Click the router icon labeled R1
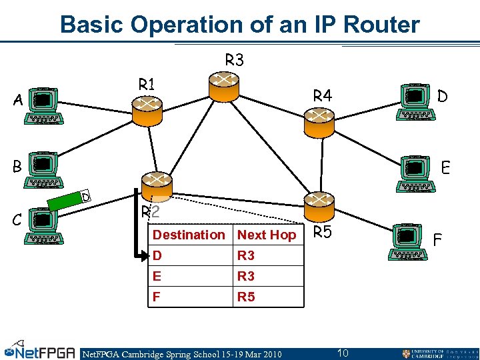click(x=147, y=110)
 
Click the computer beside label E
click(x=415, y=174)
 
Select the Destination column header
click(x=189, y=235)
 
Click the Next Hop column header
click(x=267, y=235)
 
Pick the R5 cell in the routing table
click(x=246, y=297)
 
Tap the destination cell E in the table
click(x=157, y=276)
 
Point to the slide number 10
click(x=343, y=353)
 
